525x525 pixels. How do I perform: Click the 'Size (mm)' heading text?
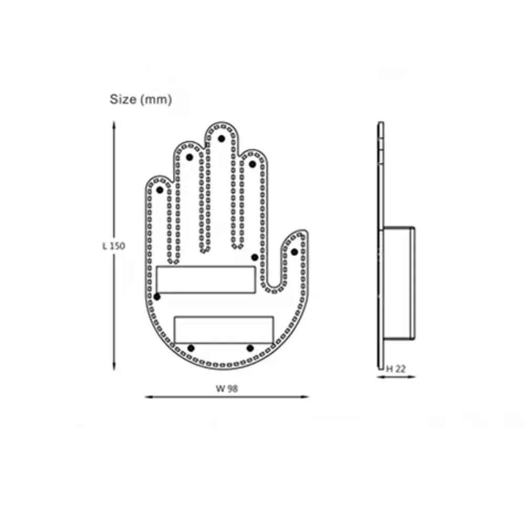[140, 99]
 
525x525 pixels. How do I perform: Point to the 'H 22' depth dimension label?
[397, 369]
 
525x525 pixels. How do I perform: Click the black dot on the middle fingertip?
[222, 139]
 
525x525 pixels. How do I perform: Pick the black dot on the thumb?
[295, 252]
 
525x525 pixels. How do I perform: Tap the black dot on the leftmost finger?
[160, 190]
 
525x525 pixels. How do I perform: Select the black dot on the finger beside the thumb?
[253, 164]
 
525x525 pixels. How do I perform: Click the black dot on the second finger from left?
[190, 157]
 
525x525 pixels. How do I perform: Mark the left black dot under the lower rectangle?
[191, 348]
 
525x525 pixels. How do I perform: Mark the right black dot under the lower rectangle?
[250, 348]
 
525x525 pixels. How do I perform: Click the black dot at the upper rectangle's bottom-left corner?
[157, 297]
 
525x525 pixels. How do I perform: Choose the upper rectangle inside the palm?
[206, 279]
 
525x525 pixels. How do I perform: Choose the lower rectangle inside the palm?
[224, 330]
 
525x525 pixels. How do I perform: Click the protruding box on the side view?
[400, 283]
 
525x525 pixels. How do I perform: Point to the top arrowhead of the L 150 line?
[114, 124]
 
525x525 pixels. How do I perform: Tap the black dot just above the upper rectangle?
[255, 257]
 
